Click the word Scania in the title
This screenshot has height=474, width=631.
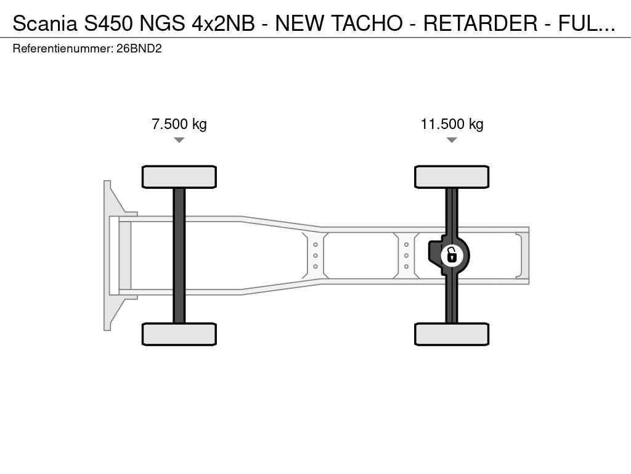[44, 23]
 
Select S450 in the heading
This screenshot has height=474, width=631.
[108, 23]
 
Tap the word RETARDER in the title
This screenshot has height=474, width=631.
[480, 23]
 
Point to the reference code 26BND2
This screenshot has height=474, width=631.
[139, 49]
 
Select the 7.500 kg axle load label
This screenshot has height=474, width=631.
[179, 123]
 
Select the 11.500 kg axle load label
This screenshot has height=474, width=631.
[452, 123]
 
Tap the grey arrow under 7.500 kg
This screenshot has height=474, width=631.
[179, 140]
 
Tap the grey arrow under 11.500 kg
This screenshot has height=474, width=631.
[452, 140]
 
